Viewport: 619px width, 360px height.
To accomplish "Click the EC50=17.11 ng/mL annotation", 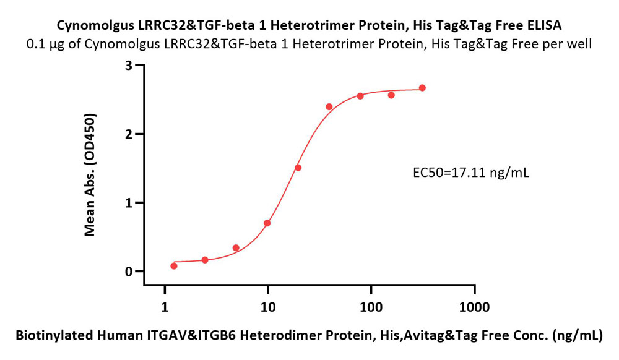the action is coord(471,173).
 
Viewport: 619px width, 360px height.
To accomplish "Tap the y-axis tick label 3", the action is coord(129,66).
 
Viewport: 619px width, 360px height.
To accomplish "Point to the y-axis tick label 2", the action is coord(129,134).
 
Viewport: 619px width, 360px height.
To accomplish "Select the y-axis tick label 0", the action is coord(129,272).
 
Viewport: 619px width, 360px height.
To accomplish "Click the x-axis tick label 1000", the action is coord(475,307).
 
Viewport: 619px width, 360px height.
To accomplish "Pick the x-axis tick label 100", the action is coord(371,307).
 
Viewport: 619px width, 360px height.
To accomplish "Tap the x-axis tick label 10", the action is coord(267,307).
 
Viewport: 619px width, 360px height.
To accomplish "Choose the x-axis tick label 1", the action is coord(165,307).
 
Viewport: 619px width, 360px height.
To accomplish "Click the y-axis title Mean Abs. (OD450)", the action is coord(90,174).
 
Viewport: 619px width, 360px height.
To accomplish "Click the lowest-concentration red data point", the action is coord(174,266).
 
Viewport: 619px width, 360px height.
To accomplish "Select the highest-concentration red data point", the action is coord(422,88).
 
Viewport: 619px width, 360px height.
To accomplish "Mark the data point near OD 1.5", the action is coord(298,168).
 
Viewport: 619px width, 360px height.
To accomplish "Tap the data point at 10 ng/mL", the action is coord(267,223).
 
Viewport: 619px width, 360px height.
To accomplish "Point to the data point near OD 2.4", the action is coord(329,106).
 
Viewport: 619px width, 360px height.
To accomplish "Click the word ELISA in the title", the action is coord(544,25).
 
